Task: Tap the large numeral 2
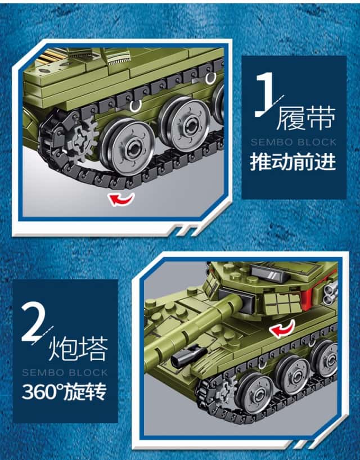pyautogui.click(x=35, y=322)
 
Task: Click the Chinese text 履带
pyautogui.click(x=306, y=118)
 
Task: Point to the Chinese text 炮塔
pyautogui.click(x=78, y=349)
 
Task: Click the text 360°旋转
pyautogui.click(x=64, y=391)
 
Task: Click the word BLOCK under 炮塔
pyautogui.click(x=88, y=373)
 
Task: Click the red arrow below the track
pyautogui.click(x=121, y=199)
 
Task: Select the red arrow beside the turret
pyautogui.click(x=282, y=328)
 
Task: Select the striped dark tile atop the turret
pyautogui.click(x=268, y=274)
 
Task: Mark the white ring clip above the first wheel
pyautogui.click(x=136, y=106)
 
